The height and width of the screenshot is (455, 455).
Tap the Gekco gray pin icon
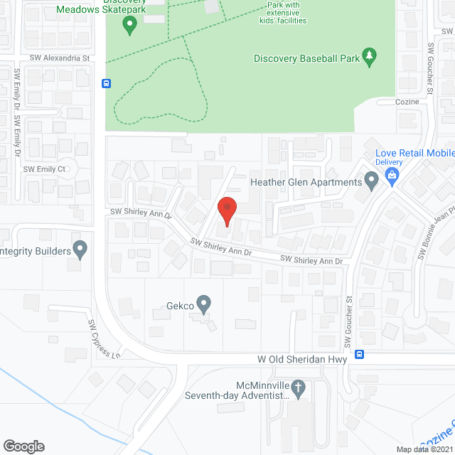[x=204, y=304]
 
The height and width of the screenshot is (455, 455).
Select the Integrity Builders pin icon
[x=80, y=250]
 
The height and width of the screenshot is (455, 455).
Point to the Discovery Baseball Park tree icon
[x=369, y=57]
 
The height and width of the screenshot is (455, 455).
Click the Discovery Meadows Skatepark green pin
[x=129, y=26]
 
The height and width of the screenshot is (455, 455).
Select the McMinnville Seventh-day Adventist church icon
[x=299, y=389]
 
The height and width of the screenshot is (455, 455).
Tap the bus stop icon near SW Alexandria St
[x=106, y=82]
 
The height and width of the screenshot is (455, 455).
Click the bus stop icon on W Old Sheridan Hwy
[x=360, y=354]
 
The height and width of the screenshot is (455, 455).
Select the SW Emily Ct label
[x=44, y=169]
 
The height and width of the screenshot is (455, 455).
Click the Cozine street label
[x=407, y=102]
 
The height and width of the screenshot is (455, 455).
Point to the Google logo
[x=23, y=446]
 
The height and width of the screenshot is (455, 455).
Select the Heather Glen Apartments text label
[x=306, y=182]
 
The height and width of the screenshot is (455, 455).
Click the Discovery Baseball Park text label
[x=306, y=58]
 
